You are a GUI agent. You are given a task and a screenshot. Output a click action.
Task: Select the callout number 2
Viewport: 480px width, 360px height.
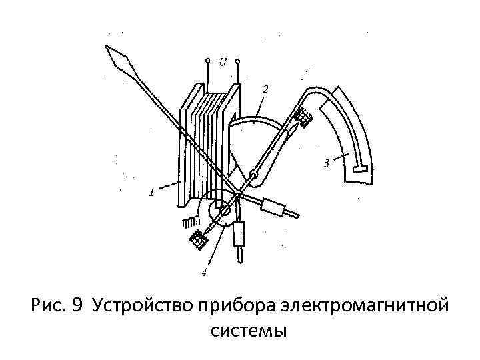point(265,89)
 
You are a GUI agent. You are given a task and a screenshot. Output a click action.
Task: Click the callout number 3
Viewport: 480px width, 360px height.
point(326,161)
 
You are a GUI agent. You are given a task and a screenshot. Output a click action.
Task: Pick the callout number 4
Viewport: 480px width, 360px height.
point(205,272)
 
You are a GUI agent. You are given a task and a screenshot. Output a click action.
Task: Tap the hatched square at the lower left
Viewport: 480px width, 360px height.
point(199,239)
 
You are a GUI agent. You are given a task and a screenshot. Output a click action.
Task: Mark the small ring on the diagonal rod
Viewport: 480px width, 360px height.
point(253,176)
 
